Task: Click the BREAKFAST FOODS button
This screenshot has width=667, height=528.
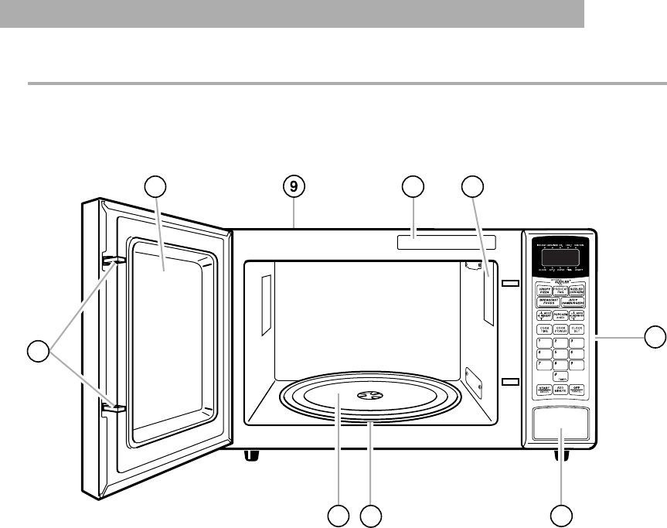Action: coord(547,301)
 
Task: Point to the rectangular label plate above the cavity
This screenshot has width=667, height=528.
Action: coord(444,243)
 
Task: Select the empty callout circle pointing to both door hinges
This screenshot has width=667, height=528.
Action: coord(37,352)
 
